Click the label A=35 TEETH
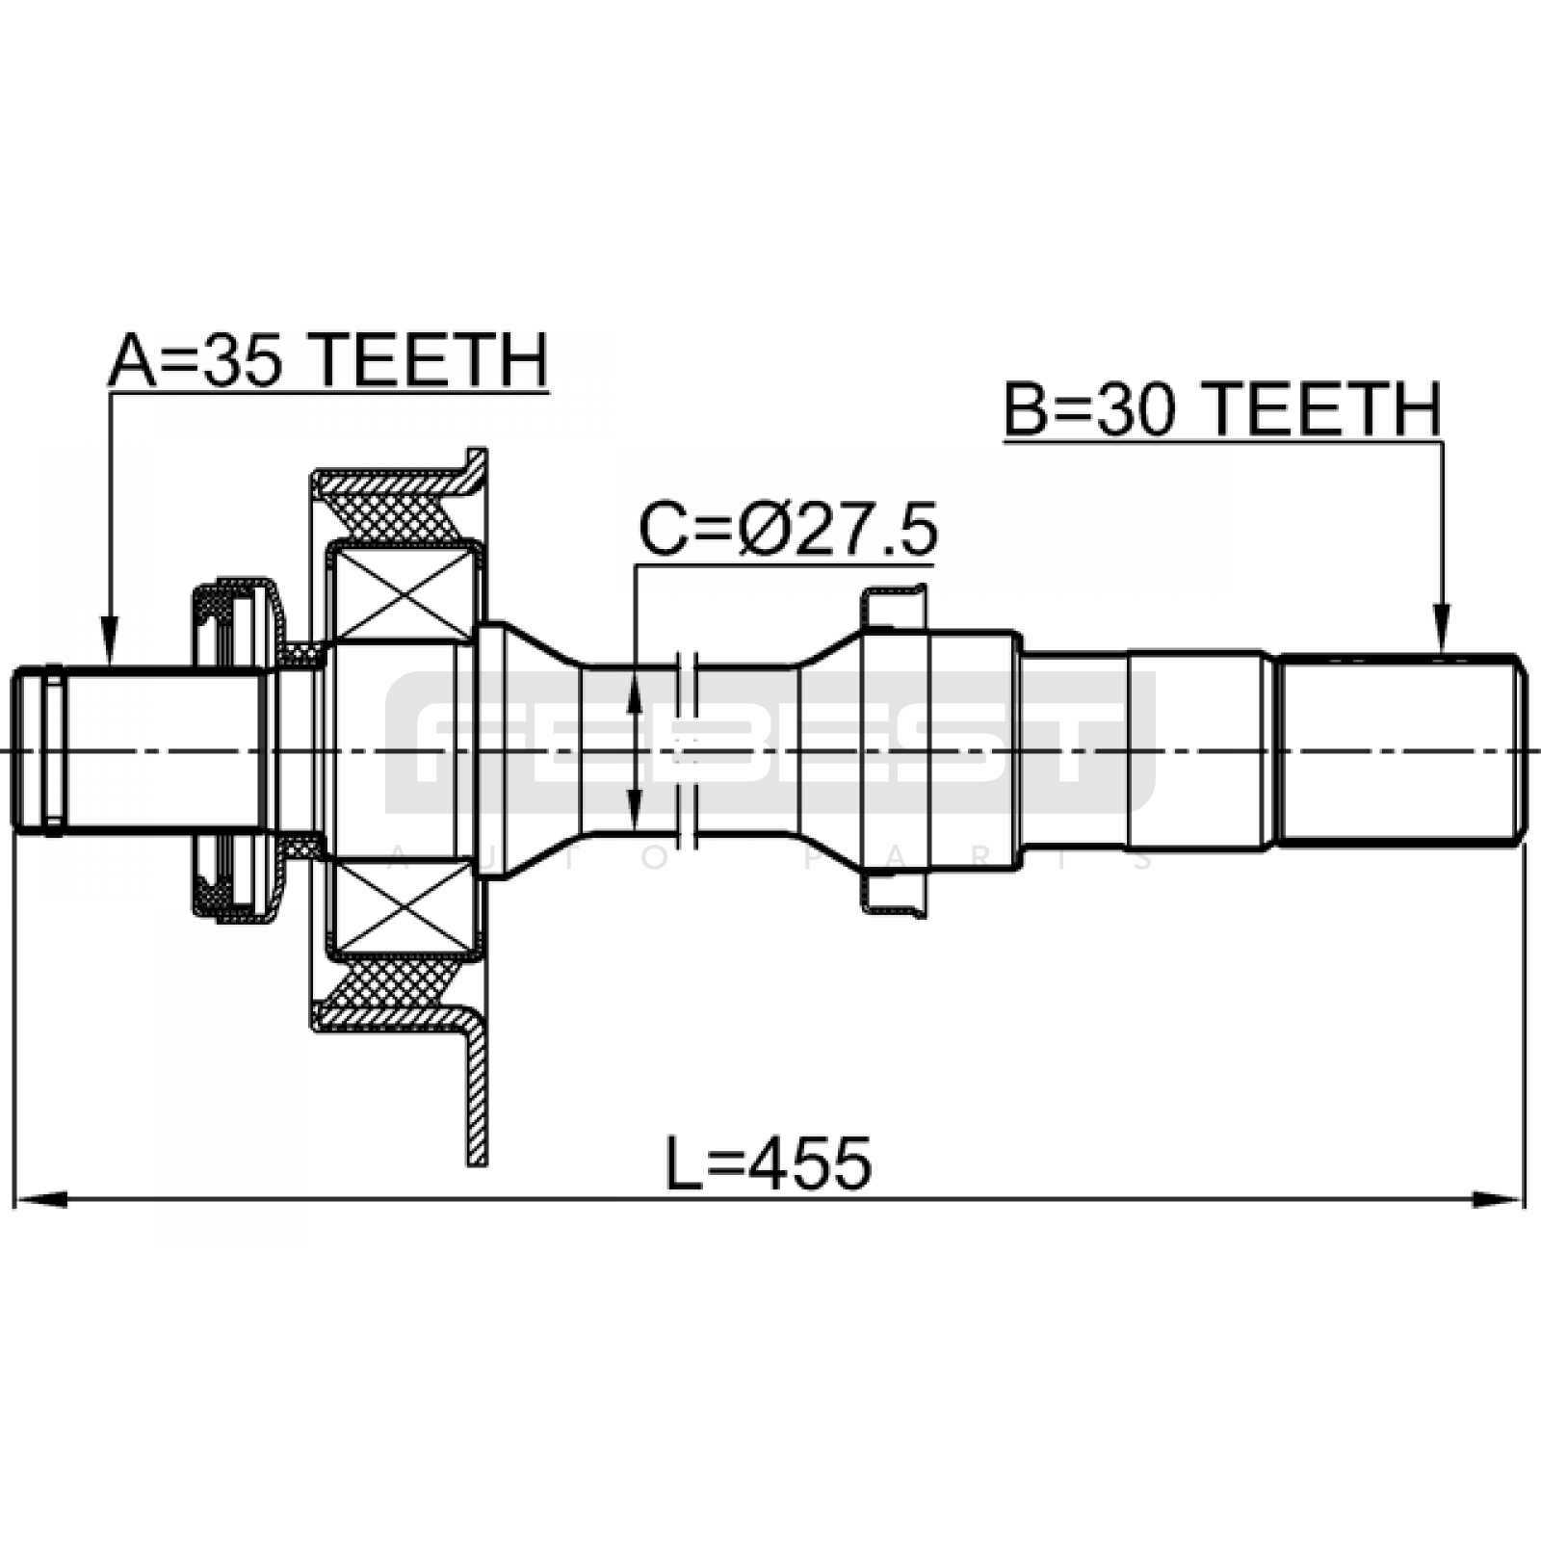pyautogui.click(x=328, y=361)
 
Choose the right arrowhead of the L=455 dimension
pyautogui.click(x=1501, y=1200)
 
